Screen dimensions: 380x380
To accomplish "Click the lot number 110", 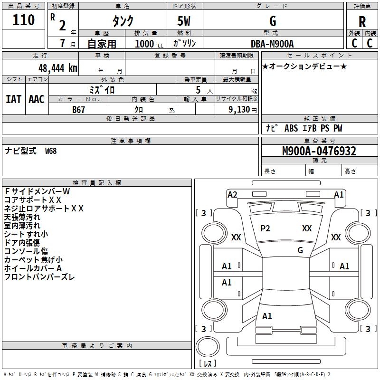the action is point(23,20).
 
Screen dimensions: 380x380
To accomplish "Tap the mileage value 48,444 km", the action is point(57,68).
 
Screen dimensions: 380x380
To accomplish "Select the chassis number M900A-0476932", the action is point(319,151).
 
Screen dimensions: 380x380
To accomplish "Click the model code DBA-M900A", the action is point(272,44).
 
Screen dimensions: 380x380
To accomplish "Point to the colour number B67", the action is point(78,110).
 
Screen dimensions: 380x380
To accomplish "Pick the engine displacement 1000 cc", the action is point(149,44).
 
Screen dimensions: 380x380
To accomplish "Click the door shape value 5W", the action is point(184,21).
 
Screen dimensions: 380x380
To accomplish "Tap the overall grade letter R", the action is point(362,22).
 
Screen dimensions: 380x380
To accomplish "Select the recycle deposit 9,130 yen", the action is point(243,110).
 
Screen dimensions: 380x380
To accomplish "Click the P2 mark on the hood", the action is point(265,228).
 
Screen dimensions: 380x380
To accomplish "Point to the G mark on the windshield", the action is point(300,250).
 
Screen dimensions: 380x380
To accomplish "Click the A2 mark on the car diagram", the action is point(232,195).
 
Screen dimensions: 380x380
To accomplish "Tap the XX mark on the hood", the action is point(307,228).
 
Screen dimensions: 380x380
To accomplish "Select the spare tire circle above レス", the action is point(208,346).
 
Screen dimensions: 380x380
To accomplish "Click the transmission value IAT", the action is point(13,99).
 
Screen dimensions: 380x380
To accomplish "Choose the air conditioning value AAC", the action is point(37,99).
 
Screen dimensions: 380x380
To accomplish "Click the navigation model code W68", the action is point(51,151).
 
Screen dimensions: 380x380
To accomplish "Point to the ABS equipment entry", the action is point(291,128).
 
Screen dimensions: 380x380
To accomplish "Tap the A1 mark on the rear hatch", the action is point(267,316).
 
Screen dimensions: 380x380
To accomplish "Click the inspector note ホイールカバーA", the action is point(33,268).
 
